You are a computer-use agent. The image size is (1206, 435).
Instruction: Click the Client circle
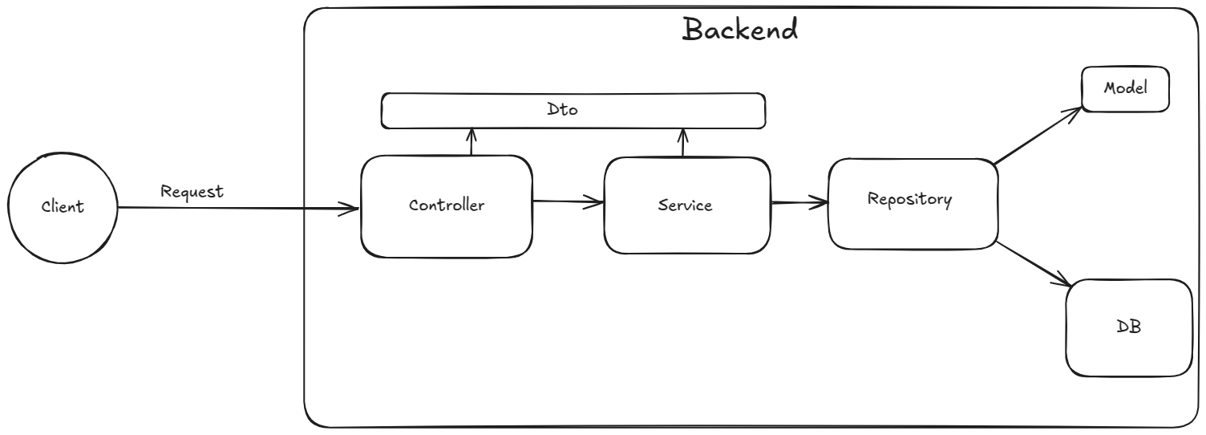coord(63,207)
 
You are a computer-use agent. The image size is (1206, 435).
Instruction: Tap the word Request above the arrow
coord(192,192)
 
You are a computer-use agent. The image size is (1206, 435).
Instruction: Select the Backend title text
coord(739,30)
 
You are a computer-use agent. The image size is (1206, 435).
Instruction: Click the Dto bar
coord(573,111)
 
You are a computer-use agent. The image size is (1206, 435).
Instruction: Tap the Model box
coord(1125,88)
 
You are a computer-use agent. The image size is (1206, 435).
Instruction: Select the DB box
coord(1128,327)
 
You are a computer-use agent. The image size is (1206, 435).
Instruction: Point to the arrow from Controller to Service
coord(568,202)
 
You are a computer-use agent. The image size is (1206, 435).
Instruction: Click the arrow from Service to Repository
coord(799,203)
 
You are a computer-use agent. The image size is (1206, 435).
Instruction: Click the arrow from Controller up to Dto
coord(471,142)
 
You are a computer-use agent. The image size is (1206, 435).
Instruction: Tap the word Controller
coord(446,205)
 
